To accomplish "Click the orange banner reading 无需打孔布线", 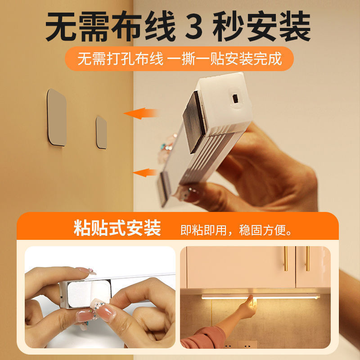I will point(179,59).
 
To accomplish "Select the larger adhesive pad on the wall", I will point(57,117).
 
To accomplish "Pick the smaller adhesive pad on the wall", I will point(101,132).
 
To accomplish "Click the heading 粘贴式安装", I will point(117,228).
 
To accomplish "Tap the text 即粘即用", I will point(202,231).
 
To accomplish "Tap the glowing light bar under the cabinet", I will point(261,297).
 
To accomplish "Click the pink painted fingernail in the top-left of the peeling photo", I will point(85,271).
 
